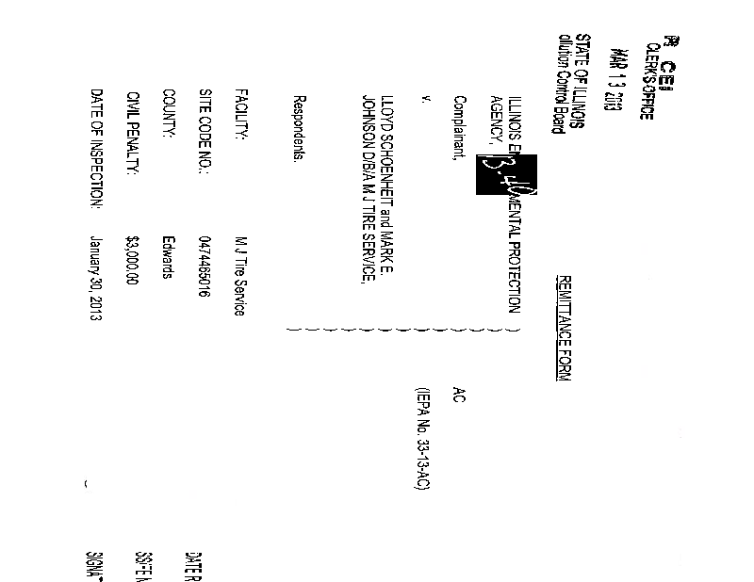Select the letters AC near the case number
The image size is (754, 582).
click(x=459, y=396)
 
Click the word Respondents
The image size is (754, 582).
click(x=299, y=130)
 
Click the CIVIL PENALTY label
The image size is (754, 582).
click(x=134, y=130)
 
